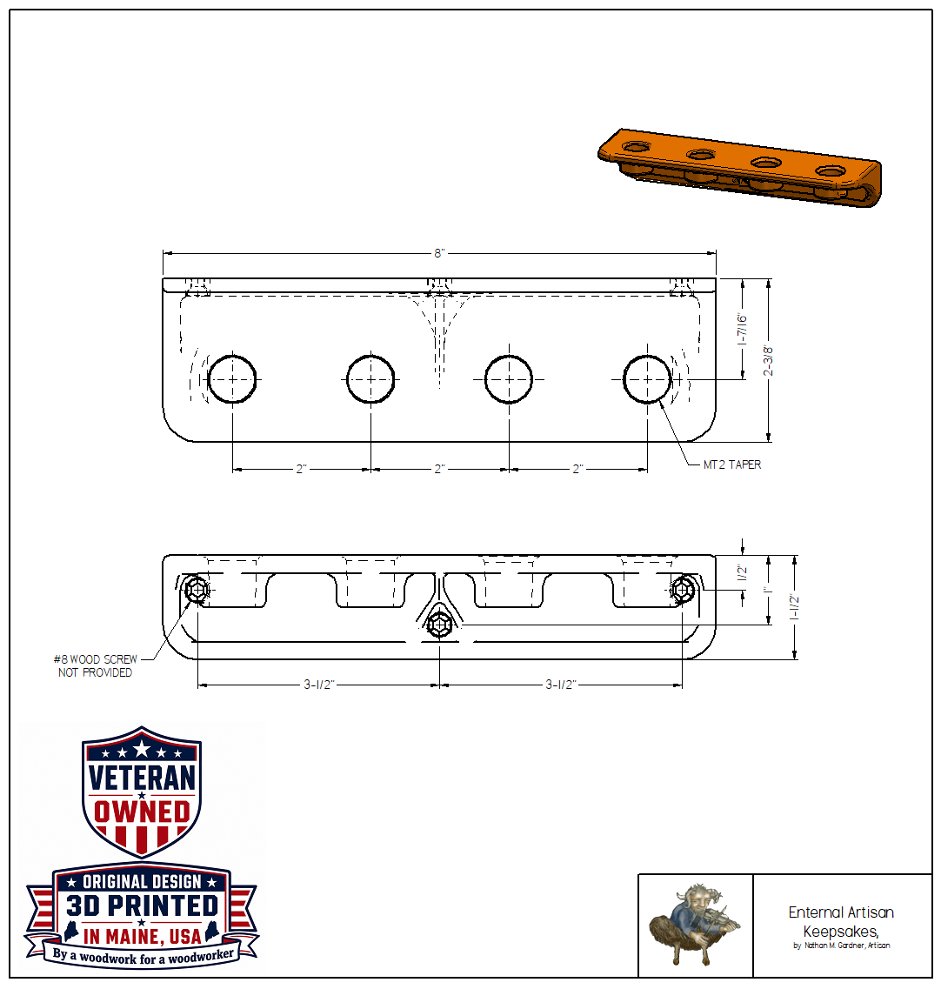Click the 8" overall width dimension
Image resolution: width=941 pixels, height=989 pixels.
[439, 254]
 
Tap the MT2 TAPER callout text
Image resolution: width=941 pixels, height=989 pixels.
[732, 464]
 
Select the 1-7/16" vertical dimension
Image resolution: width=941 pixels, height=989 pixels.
[743, 330]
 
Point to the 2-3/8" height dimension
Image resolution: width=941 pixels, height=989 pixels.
[768, 360]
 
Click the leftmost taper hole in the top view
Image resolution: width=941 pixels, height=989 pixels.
[232, 379]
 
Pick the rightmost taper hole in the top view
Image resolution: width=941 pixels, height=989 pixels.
[647, 379]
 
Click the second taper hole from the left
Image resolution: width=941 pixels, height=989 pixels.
[370, 379]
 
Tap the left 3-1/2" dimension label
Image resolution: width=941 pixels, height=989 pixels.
[318, 685]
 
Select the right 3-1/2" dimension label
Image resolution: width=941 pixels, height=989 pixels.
[561, 685]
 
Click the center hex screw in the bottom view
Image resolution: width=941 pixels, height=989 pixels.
[439, 625]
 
